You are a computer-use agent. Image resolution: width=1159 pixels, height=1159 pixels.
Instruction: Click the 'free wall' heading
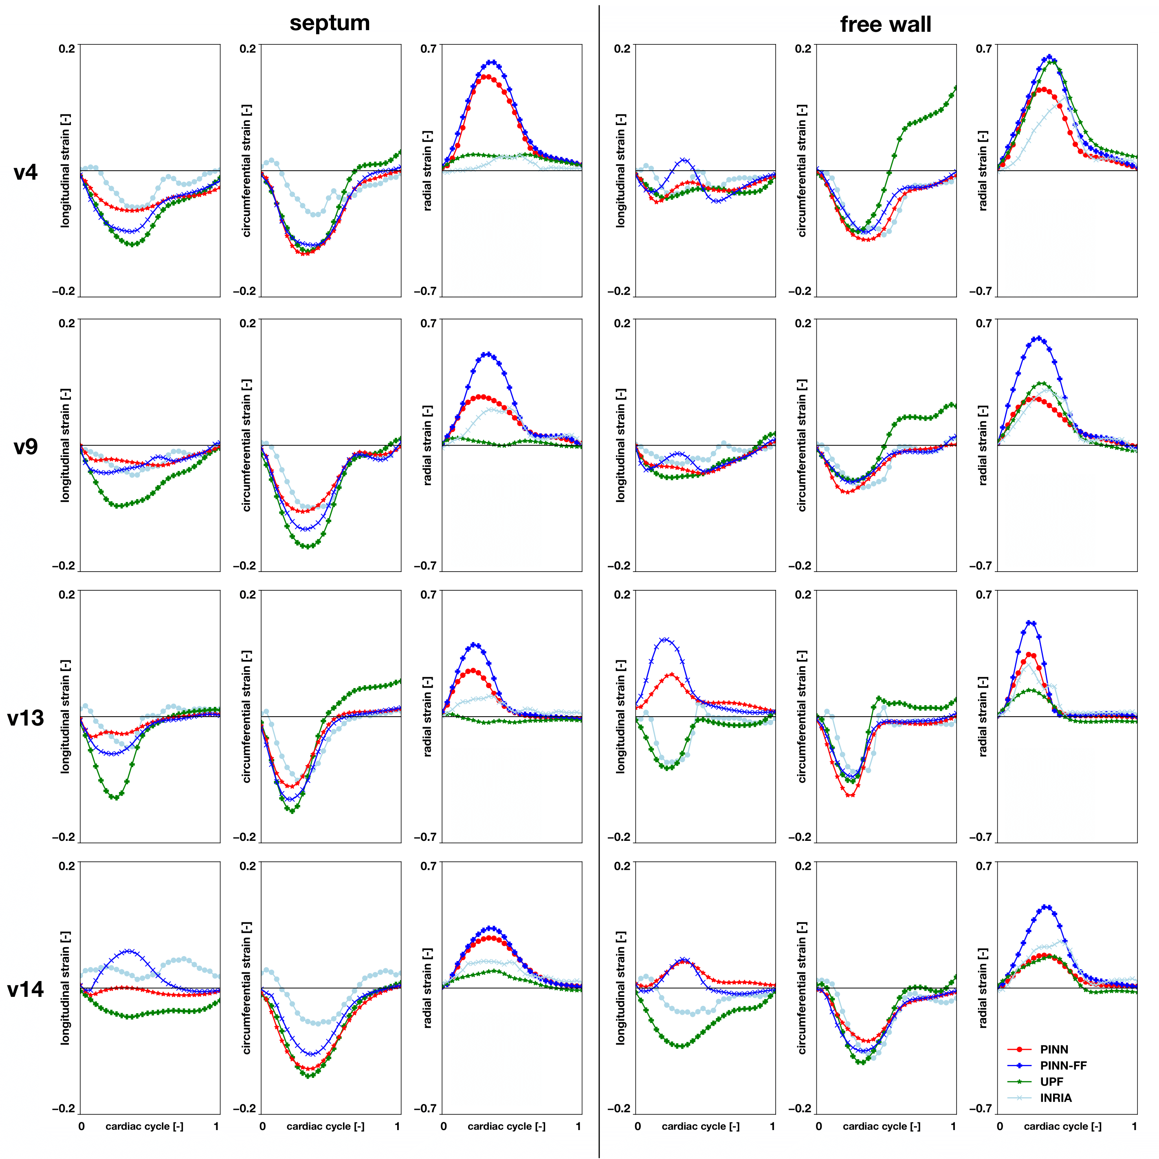coord(886,24)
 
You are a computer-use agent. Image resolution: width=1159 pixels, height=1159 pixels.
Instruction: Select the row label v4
coord(25,172)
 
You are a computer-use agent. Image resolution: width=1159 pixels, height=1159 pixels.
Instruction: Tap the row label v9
coord(25,446)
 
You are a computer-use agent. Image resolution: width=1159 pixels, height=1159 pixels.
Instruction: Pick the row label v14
coord(25,989)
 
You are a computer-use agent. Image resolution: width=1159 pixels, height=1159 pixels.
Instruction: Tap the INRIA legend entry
coord(1056,1098)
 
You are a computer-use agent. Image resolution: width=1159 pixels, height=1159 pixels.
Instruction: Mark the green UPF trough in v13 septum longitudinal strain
coord(115,797)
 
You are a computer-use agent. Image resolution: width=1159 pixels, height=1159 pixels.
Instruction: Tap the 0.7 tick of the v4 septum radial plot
coord(428,48)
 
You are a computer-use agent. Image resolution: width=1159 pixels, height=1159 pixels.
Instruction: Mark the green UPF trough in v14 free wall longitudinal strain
coord(680,1046)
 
